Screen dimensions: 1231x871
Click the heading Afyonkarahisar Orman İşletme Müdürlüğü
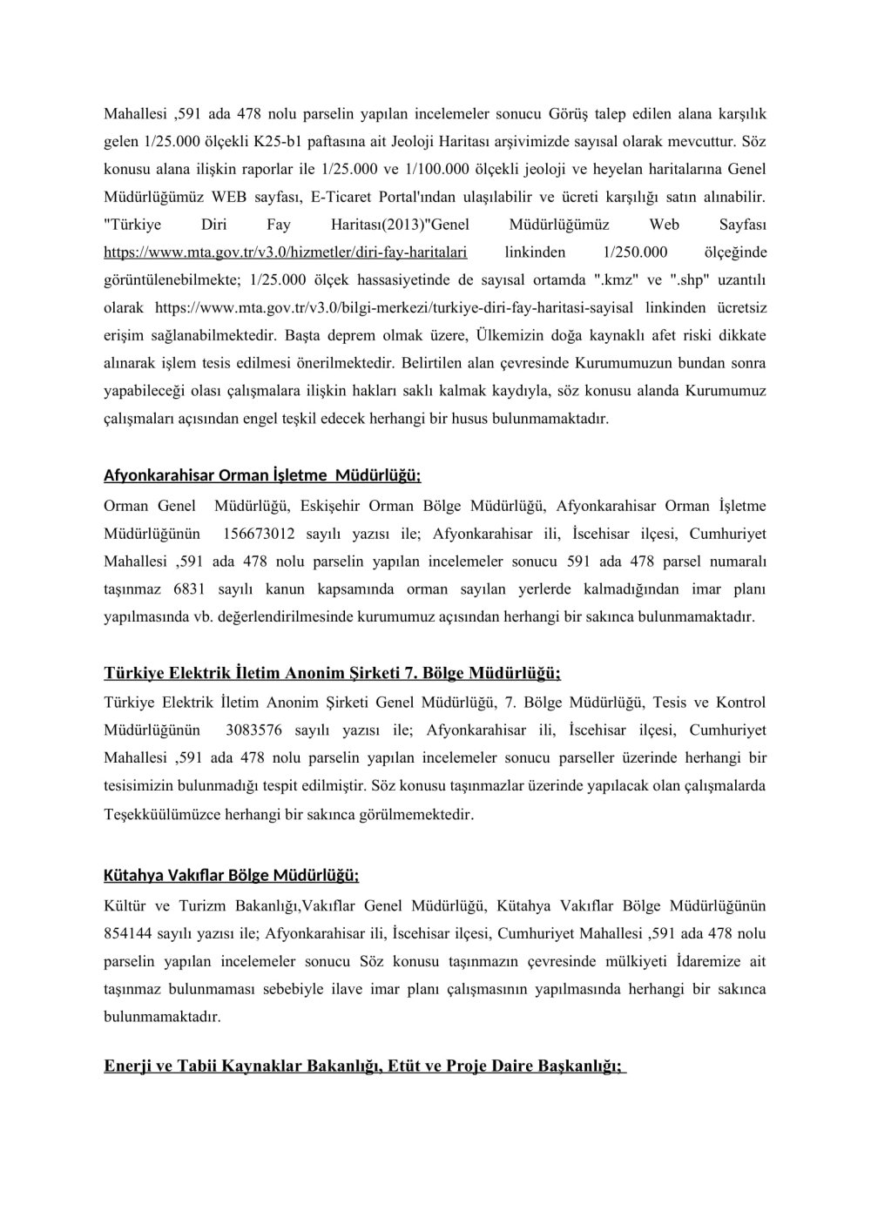coord(262,475)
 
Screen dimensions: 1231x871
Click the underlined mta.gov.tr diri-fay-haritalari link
coord(286,252)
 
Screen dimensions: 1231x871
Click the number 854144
coord(128,933)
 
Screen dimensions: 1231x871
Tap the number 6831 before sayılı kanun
coord(189,589)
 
